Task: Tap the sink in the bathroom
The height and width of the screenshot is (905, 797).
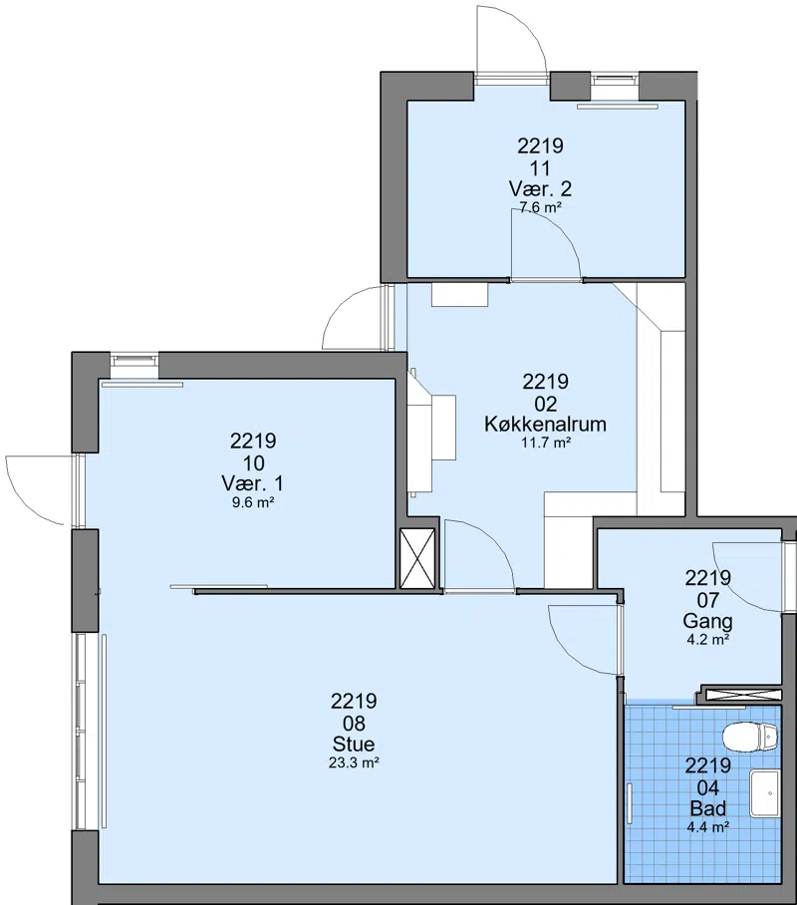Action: coord(764,793)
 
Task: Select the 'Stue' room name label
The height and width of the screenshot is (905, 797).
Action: coord(354,744)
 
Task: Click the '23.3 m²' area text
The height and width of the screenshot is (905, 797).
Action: coord(354,763)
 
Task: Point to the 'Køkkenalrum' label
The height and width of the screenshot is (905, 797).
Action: coord(545,425)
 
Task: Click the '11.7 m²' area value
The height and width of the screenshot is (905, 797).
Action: coord(545,444)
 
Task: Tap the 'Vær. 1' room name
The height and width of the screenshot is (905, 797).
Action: coord(252,483)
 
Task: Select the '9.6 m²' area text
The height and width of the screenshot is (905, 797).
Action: coord(253,502)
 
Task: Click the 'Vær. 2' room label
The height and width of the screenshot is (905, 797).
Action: coord(540,188)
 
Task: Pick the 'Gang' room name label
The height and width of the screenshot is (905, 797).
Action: coord(707,621)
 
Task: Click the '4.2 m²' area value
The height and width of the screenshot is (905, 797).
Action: coord(708,640)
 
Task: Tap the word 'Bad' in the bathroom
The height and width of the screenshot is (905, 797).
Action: coord(707,808)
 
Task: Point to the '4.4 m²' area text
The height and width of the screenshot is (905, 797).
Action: coord(707,827)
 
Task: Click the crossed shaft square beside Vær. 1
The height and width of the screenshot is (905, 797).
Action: coord(417,558)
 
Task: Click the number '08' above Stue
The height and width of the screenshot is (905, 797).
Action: coord(354,723)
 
